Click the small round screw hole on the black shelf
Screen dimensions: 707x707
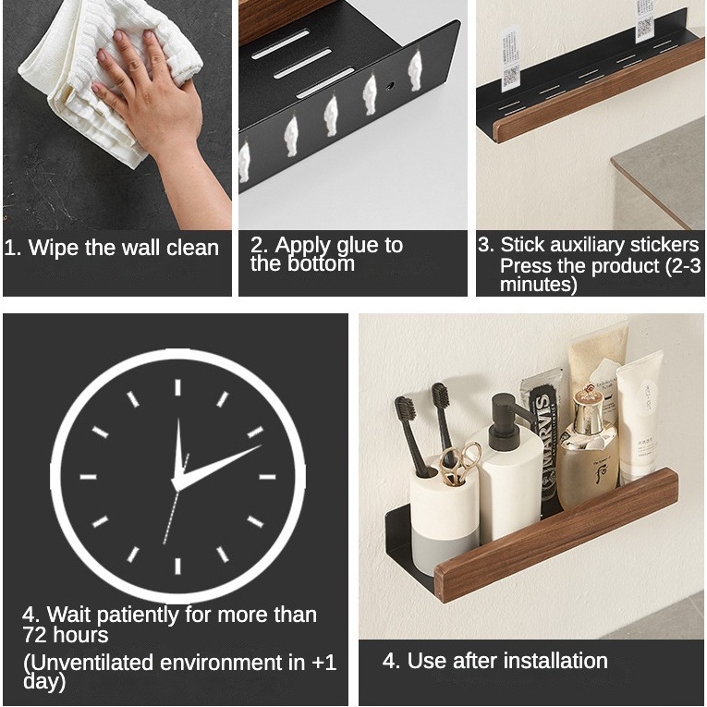pos(390,85)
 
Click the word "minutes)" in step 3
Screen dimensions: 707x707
pos(539,285)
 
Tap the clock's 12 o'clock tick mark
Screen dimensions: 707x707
pos(177,387)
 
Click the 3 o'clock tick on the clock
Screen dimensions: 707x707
pos(267,477)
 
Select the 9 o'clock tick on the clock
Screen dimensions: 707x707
pos(89,477)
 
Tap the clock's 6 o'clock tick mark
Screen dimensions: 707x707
pos(177,566)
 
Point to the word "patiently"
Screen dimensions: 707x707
pos(138,616)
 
